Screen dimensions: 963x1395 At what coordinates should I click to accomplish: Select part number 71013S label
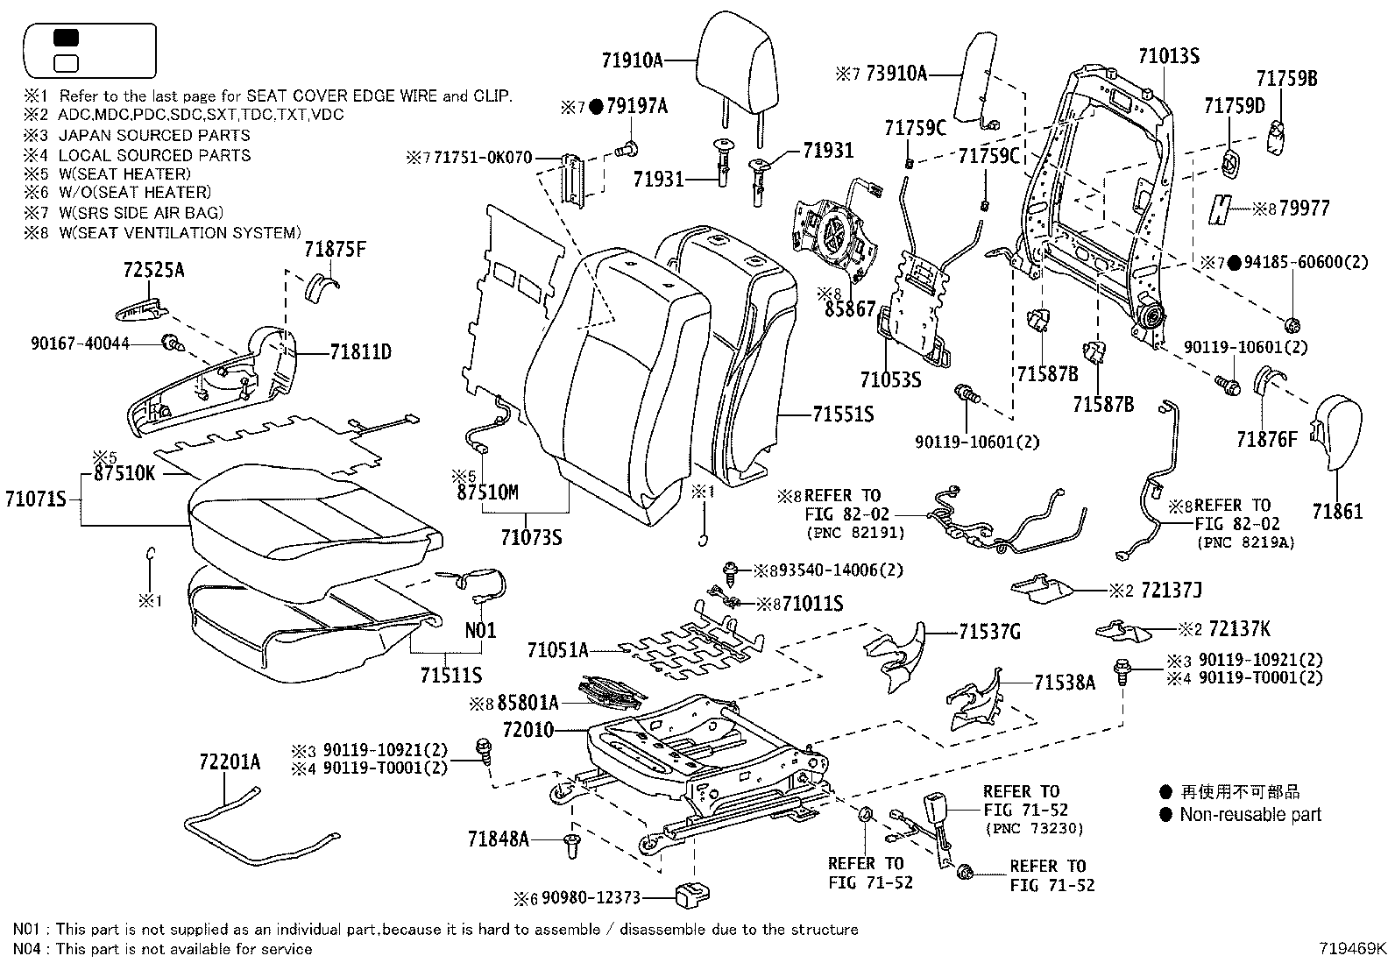[1168, 56]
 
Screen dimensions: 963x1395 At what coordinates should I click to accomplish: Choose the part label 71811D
[360, 352]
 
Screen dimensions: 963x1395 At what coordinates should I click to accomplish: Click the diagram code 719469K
[1355, 948]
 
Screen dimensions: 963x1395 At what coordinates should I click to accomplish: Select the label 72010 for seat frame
[528, 729]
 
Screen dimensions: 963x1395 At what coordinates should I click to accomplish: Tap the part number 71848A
[498, 839]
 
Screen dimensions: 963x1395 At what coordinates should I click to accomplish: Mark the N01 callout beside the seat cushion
[480, 629]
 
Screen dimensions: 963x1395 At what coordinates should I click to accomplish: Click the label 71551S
[842, 414]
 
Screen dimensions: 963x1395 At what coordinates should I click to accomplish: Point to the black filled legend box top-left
[67, 38]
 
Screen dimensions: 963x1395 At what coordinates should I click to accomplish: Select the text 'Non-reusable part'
[1250, 814]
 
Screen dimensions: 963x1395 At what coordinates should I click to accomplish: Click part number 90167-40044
[78, 344]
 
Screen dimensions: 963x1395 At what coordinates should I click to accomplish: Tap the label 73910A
[896, 74]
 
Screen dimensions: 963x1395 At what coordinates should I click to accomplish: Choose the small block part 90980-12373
[691, 894]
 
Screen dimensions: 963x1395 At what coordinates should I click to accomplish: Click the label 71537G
[989, 632]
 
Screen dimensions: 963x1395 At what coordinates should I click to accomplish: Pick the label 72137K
[1239, 628]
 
